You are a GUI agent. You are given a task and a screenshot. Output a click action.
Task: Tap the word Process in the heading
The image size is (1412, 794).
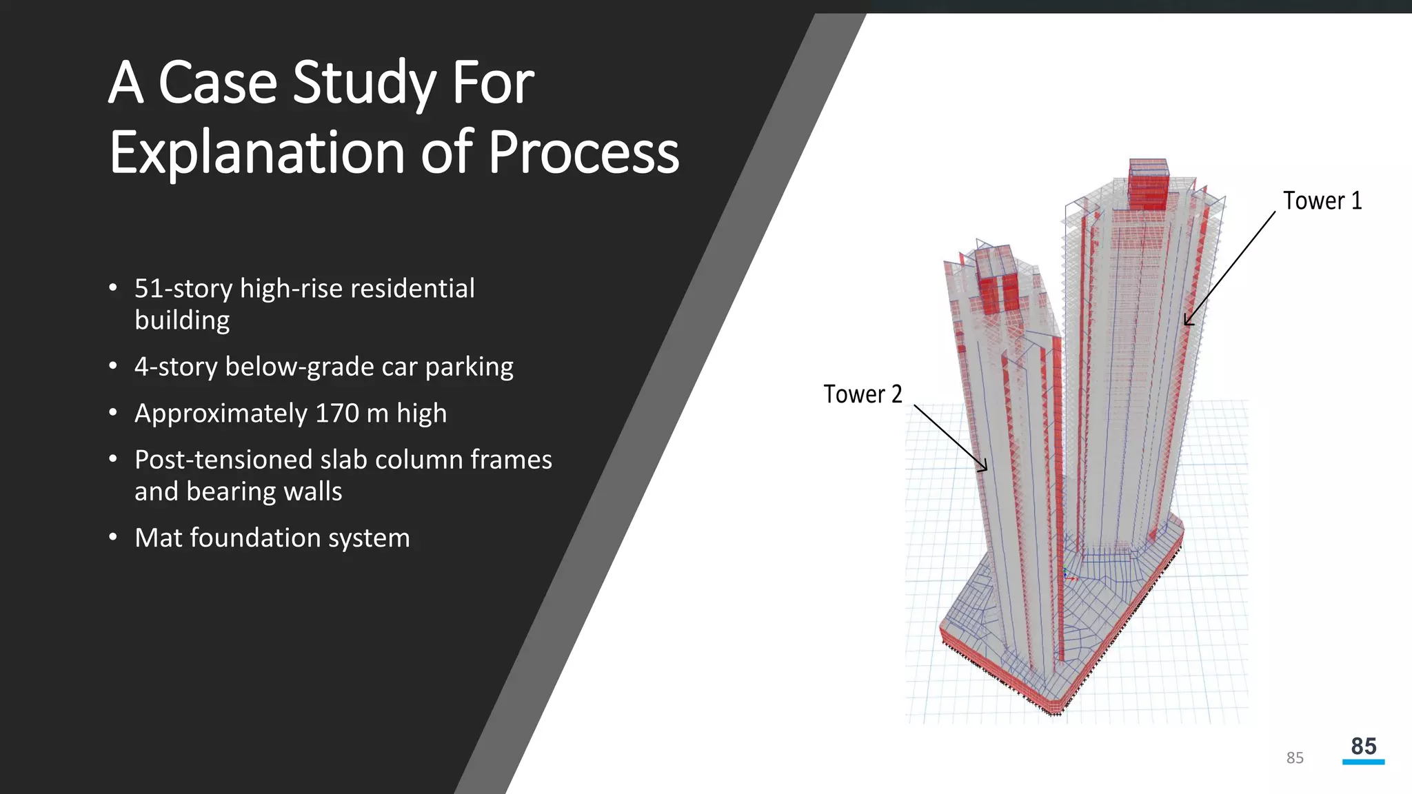click(x=583, y=152)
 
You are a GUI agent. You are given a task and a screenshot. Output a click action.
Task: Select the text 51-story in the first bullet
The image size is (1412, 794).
click(x=183, y=289)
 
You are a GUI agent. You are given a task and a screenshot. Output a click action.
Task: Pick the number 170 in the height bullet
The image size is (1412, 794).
click(x=336, y=414)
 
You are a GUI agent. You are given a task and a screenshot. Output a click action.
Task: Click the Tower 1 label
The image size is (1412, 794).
click(x=1322, y=201)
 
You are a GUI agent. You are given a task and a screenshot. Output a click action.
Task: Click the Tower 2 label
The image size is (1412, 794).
click(x=863, y=394)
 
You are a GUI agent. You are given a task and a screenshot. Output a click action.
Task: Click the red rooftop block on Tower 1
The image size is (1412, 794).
click(x=1149, y=186)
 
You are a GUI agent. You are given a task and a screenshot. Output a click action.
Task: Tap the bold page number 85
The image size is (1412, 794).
click(x=1363, y=746)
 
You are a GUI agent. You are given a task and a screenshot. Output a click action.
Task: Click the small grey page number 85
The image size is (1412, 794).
click(x=1295, y=758)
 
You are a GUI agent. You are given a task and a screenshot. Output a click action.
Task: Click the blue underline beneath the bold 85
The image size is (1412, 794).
click(x=1363, y=762)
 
